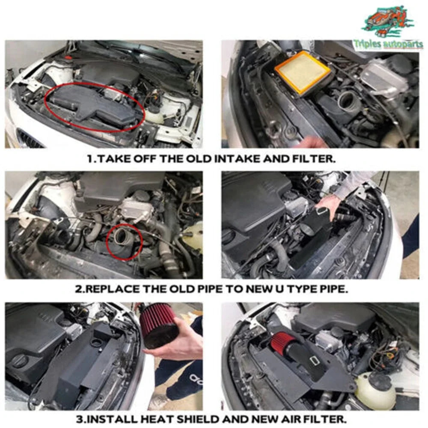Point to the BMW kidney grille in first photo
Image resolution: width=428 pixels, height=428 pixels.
[x=30, y=138]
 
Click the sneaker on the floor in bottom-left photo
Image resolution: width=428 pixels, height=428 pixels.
[x=159, y=401]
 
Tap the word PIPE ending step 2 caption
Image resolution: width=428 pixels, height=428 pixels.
[x=333, y=289]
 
